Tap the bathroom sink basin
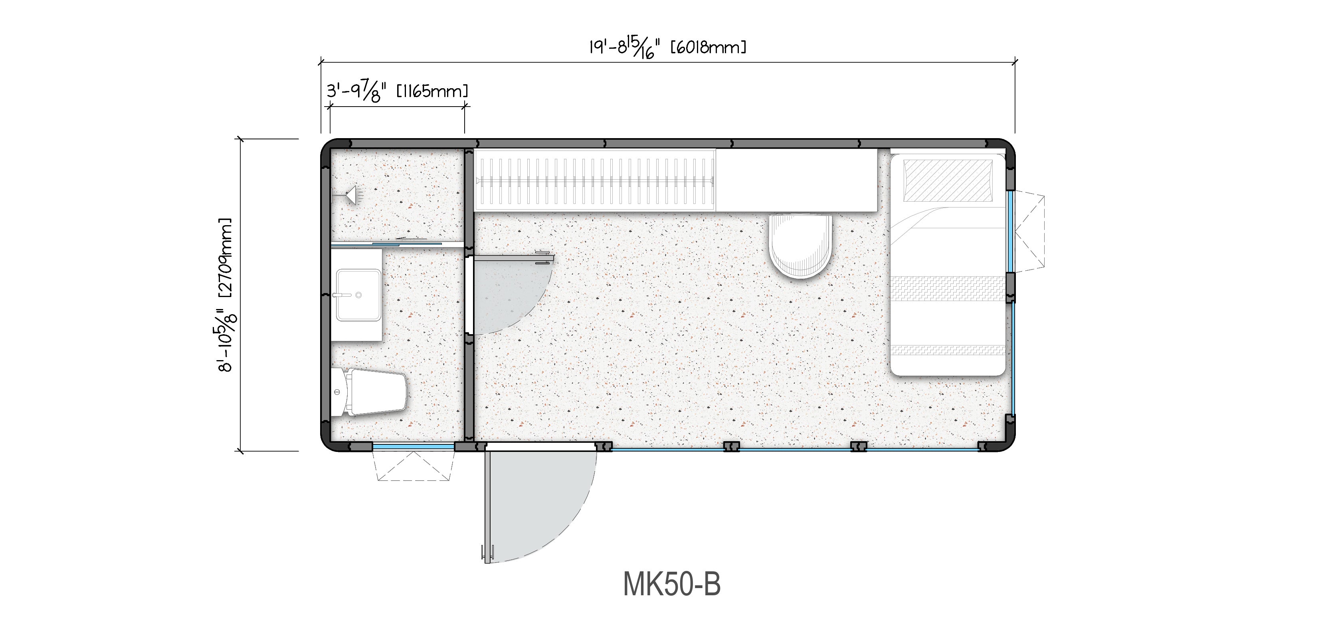click(x=358, y=295)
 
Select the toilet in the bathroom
click(x=369, y=392)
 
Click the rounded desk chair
click(x=800, y=246)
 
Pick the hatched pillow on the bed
click(x=948, y=180)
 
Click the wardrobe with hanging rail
click(x=595, y=180)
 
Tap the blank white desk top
click(x=796, y=180)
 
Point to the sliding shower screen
click(x=386, y=243)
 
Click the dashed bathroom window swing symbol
click(x=414, y=466)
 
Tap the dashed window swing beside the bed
click(x=1029, y=231)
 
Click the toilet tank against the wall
click(x=338, y=392)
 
